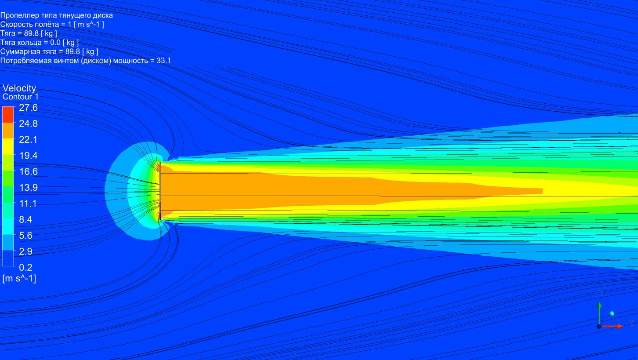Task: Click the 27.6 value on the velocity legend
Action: (28, 107)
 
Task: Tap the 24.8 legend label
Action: (28, 124)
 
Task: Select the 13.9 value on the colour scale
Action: (28, 187)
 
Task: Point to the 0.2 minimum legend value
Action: (25, 267)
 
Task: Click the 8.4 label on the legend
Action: (25, 219)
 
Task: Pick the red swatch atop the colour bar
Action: (8, 115)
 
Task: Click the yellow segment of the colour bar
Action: (8, 146)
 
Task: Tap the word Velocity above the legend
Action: (19, 88)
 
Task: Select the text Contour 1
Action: (20, 97)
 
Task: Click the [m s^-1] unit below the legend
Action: (19, 279)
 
